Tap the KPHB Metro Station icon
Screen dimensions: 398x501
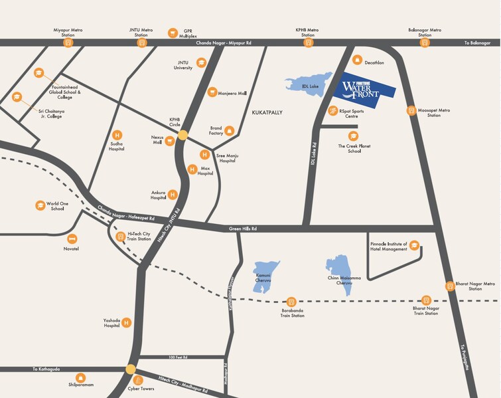(308, 43)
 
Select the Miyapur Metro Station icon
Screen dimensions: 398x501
(68, 43)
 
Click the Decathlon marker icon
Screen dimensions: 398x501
(357, 60)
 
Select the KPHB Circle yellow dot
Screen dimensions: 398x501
(182, 135)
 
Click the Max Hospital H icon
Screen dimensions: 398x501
(192, 169)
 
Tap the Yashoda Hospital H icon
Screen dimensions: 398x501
(126, 323)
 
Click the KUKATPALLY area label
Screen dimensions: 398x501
(267, 113)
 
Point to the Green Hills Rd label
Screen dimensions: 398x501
(243, 229)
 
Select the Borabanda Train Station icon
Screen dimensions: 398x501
(291, 302)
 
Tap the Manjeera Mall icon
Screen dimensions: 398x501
(212, 92)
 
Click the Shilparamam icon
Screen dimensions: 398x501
(80, 377)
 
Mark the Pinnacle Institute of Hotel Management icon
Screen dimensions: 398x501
(414, 245)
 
